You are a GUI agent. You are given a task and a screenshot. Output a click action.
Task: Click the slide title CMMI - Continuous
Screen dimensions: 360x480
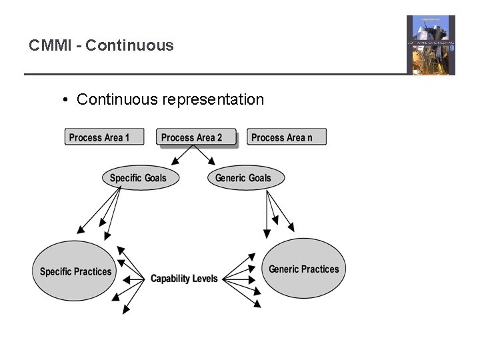pyautogui.click(x=101, y=46)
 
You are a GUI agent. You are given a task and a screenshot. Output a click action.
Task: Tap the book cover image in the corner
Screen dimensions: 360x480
pyautogui.click(x=431, y=45)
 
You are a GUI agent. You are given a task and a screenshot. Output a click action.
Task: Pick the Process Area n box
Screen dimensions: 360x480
pyautogui.click(x=287, y=137)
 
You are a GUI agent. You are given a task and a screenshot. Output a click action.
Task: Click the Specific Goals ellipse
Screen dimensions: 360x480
pyautogui.click(x=138, y=178)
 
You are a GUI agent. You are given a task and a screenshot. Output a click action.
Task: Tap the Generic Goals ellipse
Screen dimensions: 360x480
pyautogui.click(x=245, y=178)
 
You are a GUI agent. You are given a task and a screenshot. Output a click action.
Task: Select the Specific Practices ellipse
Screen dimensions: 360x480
pyautogui.click(x=75, y=271)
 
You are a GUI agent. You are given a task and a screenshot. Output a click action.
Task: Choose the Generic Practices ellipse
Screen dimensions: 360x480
pyautogui.click(x=304, y=269)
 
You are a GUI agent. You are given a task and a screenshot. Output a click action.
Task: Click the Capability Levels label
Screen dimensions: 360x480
pyautogui.click(x=184, y=279)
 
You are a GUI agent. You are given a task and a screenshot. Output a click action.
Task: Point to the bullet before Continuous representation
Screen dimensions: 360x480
pyautogui.click(x=66, y=101)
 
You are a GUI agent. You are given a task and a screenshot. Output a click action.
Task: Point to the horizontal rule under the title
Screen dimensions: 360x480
pyautogui.click(x=213, y=74)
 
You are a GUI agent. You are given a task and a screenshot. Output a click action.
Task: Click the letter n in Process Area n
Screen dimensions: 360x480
pyautogui.click(x=309, y=138)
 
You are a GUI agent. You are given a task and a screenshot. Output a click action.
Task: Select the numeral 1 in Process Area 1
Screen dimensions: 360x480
pyautogui.click(x=127, y=138)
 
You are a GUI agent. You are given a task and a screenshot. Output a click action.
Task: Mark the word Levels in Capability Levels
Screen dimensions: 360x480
pyautogui.click(x=204, y=279)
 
